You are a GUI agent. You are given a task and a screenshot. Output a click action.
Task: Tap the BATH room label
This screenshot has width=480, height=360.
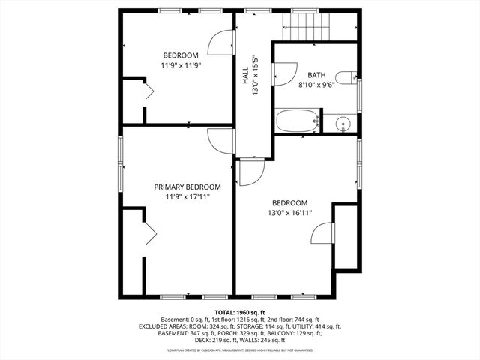[318, 75]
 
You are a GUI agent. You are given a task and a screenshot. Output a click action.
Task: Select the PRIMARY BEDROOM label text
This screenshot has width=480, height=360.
[187, 187]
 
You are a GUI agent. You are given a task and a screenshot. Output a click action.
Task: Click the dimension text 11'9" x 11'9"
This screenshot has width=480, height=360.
[181, 65]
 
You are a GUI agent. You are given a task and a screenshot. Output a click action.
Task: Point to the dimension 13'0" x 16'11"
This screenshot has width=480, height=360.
[289, 213]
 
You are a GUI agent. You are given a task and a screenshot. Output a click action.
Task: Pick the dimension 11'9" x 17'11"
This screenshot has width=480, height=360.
[187, 197]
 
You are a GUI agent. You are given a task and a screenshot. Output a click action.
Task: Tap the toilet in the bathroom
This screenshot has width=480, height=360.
[346, 76]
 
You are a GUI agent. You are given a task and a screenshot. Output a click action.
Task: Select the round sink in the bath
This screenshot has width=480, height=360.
[344, 123]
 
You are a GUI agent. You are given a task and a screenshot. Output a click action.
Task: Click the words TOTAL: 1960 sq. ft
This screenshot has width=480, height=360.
[240, 312]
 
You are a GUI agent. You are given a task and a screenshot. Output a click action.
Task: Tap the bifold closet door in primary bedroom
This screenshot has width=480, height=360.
[148, 233]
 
